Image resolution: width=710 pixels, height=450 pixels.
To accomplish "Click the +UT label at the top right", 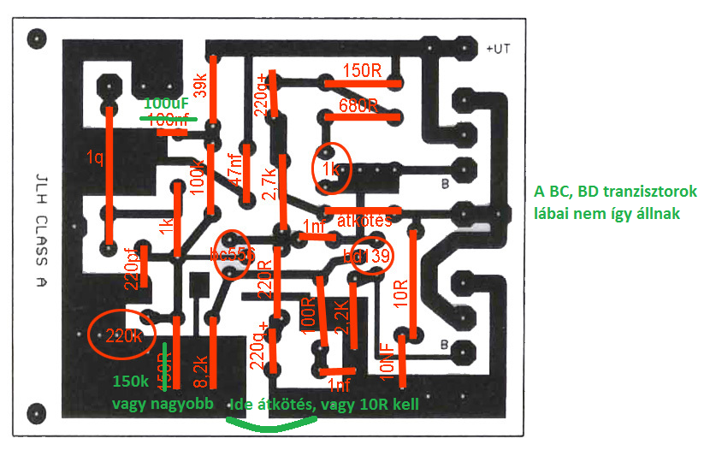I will [498, 49].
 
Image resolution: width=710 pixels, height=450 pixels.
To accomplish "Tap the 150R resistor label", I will [362, 71].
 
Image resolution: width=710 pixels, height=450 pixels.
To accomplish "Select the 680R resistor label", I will [358, 107].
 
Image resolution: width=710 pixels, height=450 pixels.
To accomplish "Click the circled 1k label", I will [330, 168].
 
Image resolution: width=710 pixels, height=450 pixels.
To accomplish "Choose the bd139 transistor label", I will [367, 256].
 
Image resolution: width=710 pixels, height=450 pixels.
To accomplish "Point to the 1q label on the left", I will [95, 157].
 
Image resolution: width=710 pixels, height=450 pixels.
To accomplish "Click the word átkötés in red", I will [365, 220].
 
